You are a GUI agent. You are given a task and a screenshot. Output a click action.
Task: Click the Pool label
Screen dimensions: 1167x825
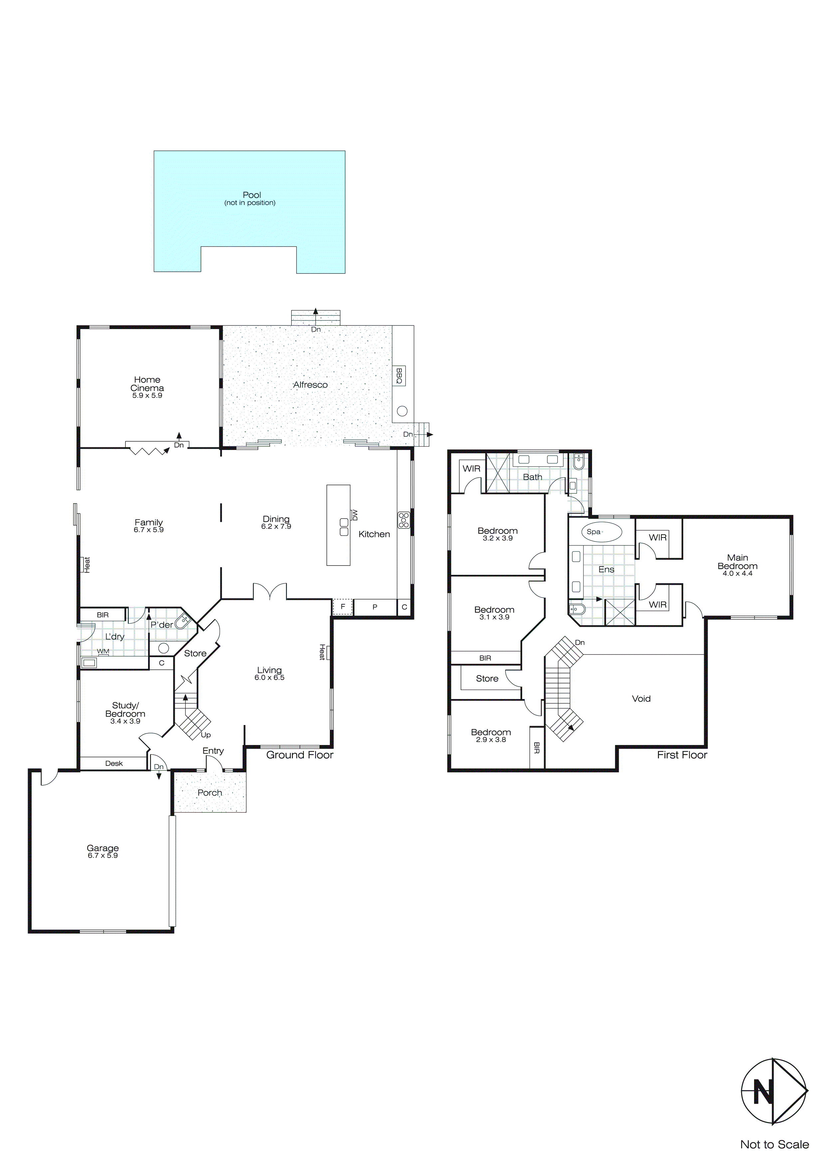click(252, 195)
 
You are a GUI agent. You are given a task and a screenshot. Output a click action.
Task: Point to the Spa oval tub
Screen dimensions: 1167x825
click(601, 532)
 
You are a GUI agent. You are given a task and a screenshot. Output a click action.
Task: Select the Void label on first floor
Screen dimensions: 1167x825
click(641, 699)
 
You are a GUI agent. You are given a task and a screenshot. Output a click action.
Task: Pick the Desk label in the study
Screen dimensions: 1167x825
click(114, 763)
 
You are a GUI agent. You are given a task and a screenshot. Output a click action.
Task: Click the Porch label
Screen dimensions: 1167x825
click(210, 793)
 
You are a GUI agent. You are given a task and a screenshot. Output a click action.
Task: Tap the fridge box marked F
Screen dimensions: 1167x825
click(343, 607)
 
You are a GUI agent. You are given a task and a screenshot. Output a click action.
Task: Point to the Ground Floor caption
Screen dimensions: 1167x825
click(300, 755)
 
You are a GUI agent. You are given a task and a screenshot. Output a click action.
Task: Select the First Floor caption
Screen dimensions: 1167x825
click(682, 755)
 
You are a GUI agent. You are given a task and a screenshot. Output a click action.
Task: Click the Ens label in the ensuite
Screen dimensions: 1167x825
click(606, 570)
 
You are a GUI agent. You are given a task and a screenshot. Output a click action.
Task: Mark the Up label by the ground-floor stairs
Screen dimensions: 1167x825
click(206, 735)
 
